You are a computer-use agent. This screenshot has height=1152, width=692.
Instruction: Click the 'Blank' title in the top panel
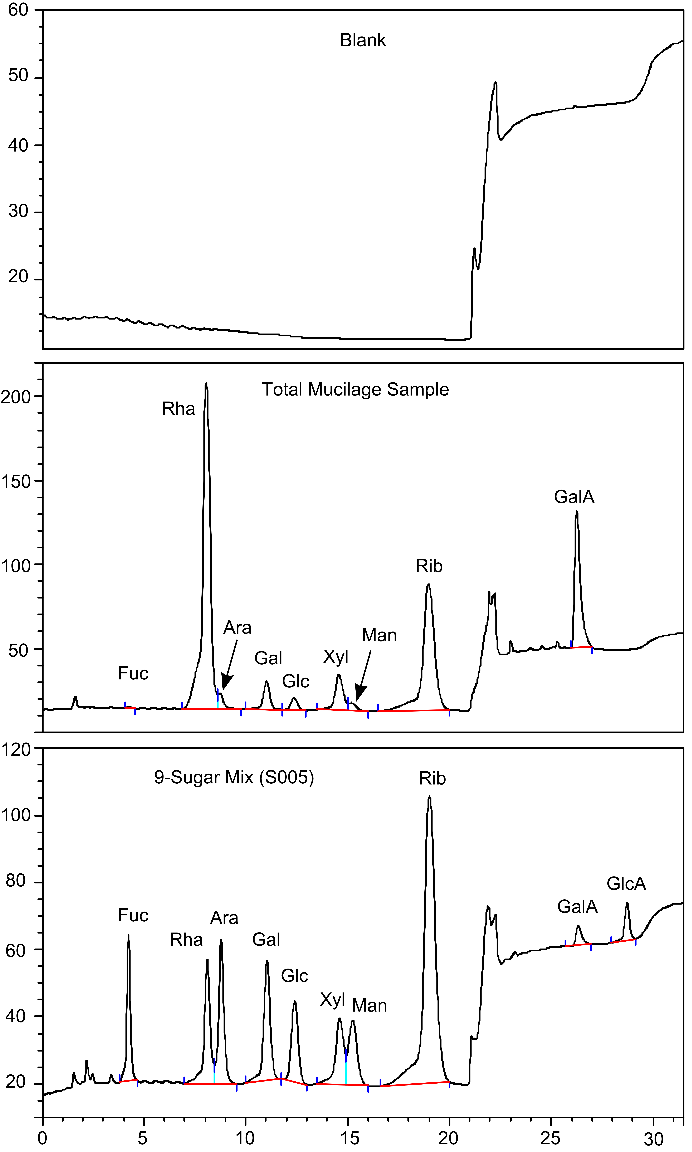point(363,41)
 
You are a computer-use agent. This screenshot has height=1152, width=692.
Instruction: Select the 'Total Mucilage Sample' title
point(355,390)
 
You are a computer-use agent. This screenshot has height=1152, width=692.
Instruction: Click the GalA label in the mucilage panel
point(574,497)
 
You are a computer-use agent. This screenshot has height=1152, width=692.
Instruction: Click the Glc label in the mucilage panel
point(296,681)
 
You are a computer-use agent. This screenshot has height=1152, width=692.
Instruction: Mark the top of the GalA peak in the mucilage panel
point(577,512)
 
